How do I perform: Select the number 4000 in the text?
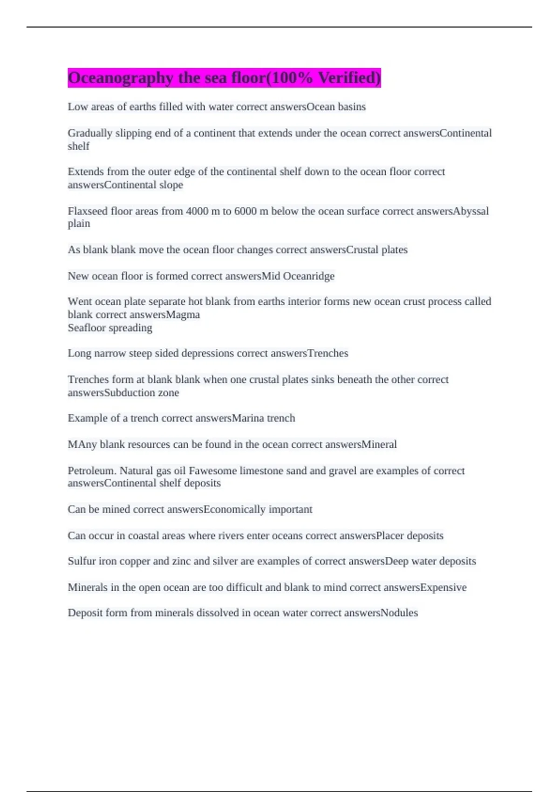(x=197, y=211)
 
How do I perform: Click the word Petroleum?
(x=91, y=471)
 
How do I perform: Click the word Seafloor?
(x=85, y=328)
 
